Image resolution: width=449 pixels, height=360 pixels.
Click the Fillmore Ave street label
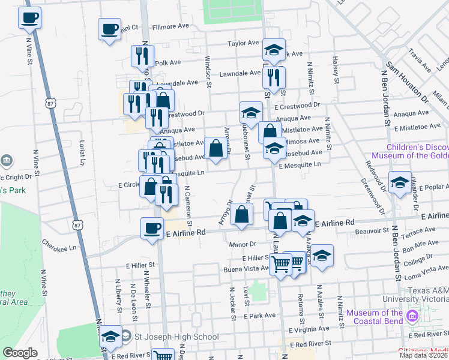171,27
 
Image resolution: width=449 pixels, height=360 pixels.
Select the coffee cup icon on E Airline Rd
152,228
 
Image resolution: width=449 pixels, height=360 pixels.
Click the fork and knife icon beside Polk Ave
142,56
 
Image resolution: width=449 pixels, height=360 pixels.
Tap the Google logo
20,353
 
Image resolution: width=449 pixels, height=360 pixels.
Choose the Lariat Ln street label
82,154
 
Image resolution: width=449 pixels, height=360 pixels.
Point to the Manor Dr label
243,244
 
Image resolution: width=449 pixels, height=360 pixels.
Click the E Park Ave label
260,315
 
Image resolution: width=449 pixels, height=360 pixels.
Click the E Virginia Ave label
309,329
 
